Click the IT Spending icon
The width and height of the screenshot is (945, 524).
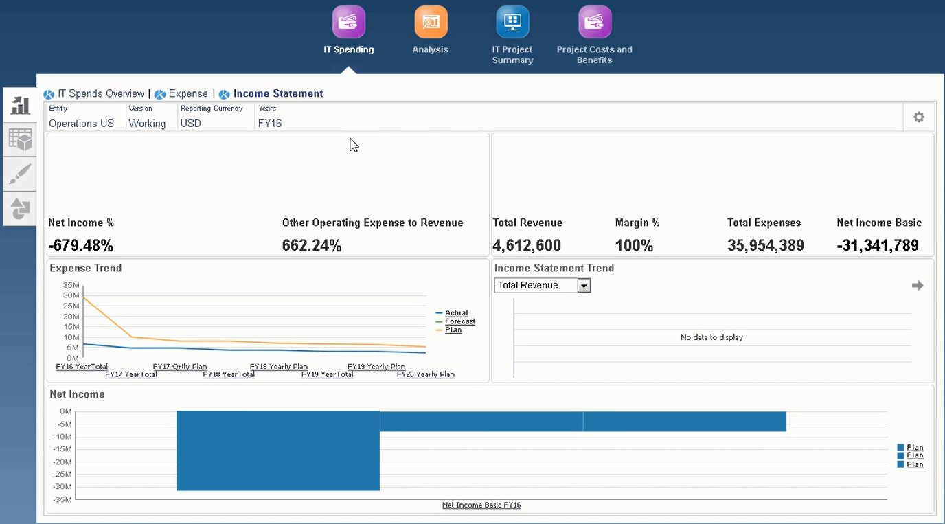coord(349,22)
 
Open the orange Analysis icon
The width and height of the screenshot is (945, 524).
coord(431,22)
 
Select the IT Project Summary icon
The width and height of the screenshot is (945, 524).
coord(512,22)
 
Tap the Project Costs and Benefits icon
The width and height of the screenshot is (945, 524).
coord(594,22)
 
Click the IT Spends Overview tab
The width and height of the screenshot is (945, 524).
coord(100,94)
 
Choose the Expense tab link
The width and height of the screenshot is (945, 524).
coord(187,94)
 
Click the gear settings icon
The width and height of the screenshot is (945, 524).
coord(918,117)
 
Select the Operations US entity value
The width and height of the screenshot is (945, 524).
coord(81,124)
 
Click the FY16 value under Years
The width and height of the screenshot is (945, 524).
coord(270,124)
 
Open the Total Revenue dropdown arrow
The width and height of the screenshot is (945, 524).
coord(584,286)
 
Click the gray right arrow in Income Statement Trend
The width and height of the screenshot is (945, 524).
coord(918,286)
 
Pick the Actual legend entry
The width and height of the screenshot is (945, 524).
coord(456,313)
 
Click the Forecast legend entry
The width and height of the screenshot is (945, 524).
coord(459,321)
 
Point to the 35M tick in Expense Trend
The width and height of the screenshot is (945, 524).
coord(71,285)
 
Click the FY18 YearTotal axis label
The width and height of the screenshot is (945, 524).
coord(229,375)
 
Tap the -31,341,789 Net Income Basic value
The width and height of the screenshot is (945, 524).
coord(878,246)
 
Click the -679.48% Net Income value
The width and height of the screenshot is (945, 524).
coord(80,246)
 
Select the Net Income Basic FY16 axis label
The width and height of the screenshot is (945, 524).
coord(481,505)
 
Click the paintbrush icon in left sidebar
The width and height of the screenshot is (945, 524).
coord(20,174)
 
